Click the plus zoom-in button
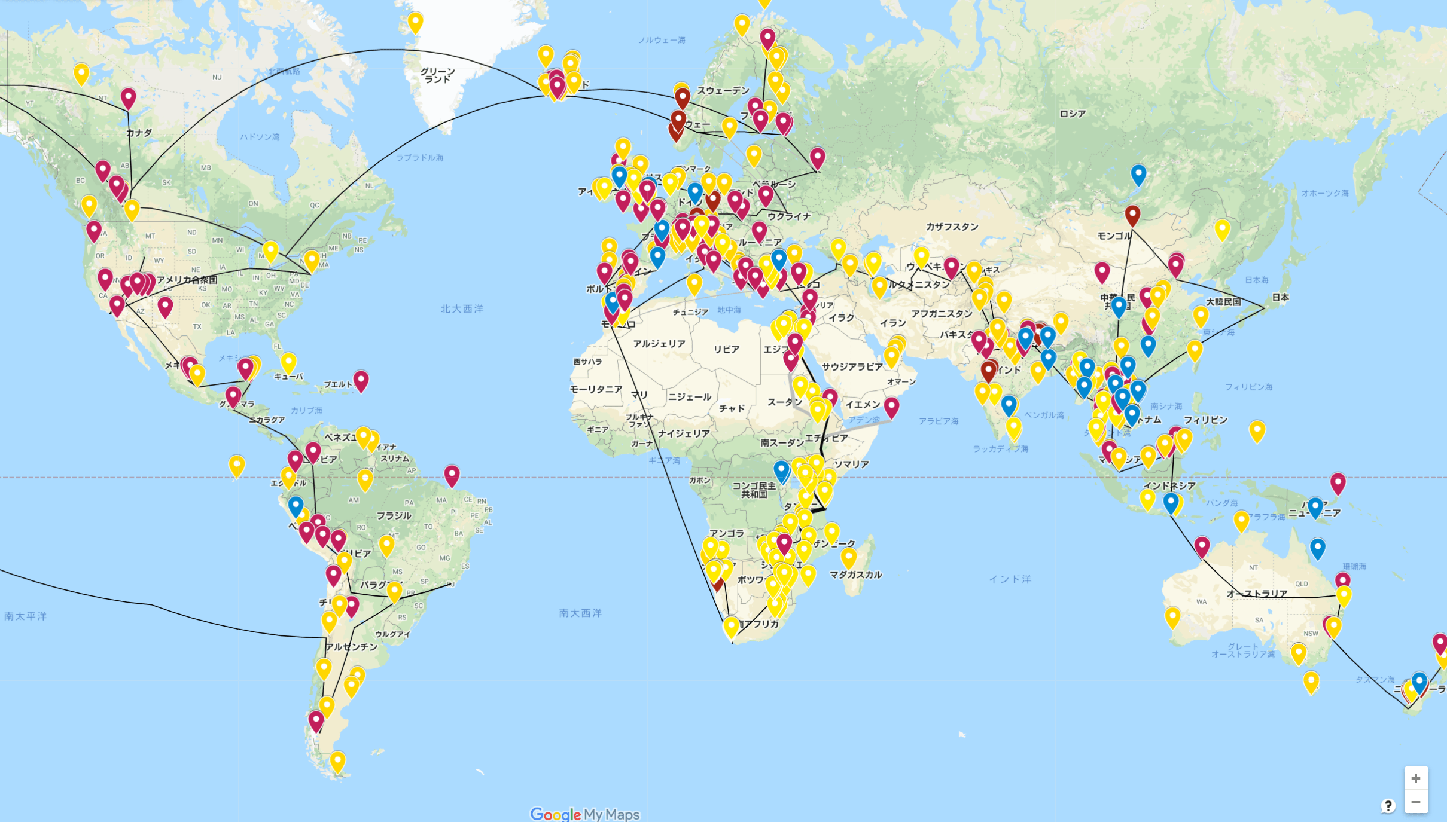pyautogui.click(x=1415, y=778)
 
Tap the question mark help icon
pyautogui.click(x=1388, y=805)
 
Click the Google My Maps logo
pyautogui.click(x=584, y=814)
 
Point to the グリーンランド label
pyautogui.click(x=437, y=75)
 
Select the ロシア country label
pyautogui.click(x=1072, y=114)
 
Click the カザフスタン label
pyautogui.click(x=952, y=227)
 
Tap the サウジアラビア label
pyautogui.click(x=852, y=366)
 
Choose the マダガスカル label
pyautogui.click(x=855, y=575)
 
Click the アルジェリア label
pyautogui.click(x=659, y=344)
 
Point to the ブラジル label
pyautogui.click(x=394, y=515)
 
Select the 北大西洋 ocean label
pyautogui.click(x=462, y=308)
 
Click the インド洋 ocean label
pyautogui.click(x=1010, y=579)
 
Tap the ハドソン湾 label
pyautogui.click(x=260, y=137)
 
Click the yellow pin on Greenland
pyautogui.click(x=415, y=23)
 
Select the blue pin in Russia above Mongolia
pyautogui.click(x=1138, y=175)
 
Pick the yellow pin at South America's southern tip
pyautogui.click(x=338, y=762)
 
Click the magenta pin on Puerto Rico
pyautogui.click(x=361, y=380)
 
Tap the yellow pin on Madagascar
pyautogui.click(x=848, y=557)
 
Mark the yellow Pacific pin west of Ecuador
pyautogui.click(x=237, y=466)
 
